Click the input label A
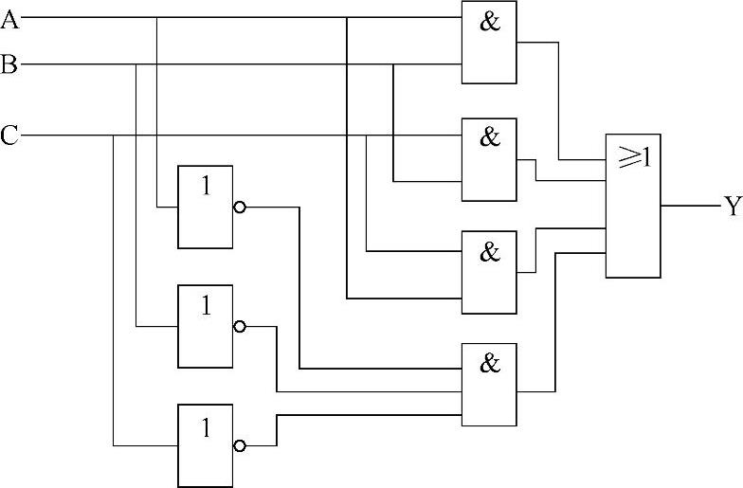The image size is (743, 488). [9, 18]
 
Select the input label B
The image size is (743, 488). [9, 64]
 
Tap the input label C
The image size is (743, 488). [9, 136]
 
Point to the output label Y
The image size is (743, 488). [732, 207]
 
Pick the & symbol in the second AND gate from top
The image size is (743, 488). [489, 137]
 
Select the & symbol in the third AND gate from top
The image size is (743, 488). [489, 252]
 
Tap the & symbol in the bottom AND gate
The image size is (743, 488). [489, 363]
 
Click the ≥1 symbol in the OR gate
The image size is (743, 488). [633, 158]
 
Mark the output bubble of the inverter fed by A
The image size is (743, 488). [239, 207]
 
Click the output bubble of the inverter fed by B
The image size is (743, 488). [239, 326]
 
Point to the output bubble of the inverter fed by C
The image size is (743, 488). [239, 445]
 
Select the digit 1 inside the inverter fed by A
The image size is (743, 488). [205, 187]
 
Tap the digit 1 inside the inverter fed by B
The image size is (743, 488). [205, 306]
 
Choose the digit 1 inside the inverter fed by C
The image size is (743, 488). [205, 426]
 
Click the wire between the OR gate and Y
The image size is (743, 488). [690, 205]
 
